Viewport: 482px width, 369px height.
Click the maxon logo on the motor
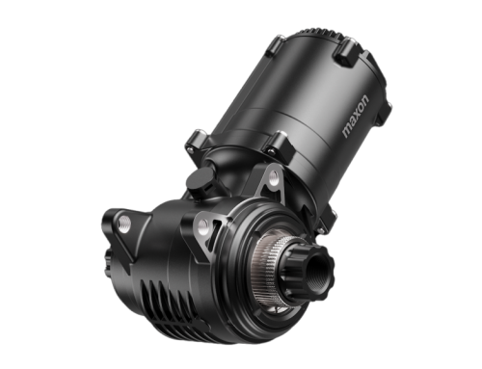click(356, 117)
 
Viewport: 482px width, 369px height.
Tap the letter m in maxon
click(346, 132)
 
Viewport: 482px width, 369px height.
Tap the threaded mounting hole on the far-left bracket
click(124, 221)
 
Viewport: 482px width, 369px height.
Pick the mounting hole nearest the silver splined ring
click(203, 224)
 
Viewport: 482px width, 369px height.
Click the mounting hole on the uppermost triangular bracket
click(274, 175)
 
